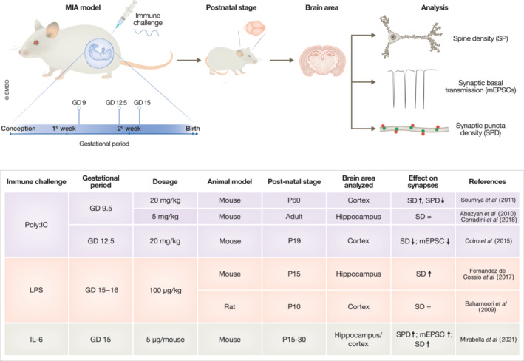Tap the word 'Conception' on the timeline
20,128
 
